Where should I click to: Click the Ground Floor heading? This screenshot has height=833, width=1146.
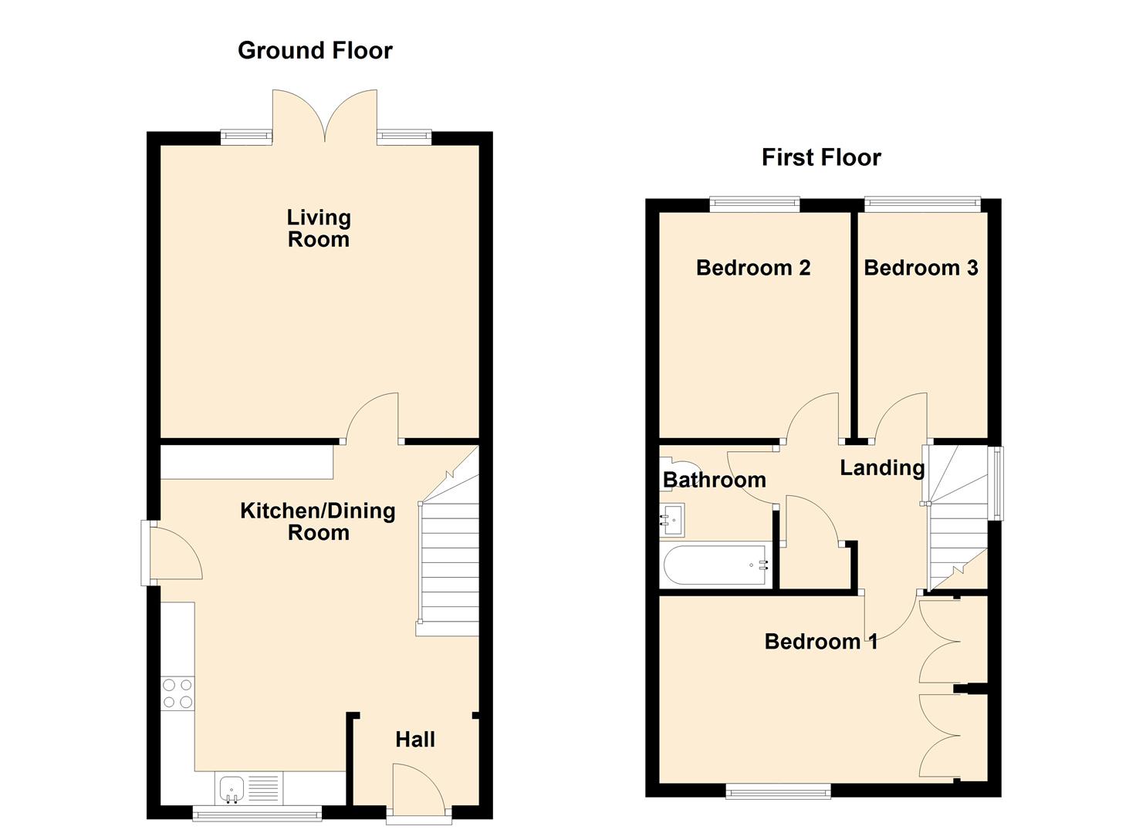point(315,50)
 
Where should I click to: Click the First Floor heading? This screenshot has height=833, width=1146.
point(820,157)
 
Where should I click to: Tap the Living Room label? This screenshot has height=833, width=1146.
point(318,228)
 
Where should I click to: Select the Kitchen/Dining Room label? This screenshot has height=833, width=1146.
point(317,521)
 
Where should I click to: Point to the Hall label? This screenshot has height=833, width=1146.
point(415,740)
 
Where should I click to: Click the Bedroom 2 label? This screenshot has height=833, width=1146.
point(752,268)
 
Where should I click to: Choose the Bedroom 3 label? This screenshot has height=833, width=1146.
point(921,268)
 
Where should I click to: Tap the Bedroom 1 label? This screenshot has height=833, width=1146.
point(820,641)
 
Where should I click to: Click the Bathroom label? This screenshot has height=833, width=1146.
point(714,480)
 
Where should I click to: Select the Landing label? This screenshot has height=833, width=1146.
point(881,467)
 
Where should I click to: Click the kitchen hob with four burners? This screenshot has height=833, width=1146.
point(177,693)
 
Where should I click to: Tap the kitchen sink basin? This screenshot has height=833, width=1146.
point(232,787)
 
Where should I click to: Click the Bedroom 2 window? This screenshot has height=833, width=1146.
point(754,204)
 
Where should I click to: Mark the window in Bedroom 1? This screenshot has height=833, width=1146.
point(778,791)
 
